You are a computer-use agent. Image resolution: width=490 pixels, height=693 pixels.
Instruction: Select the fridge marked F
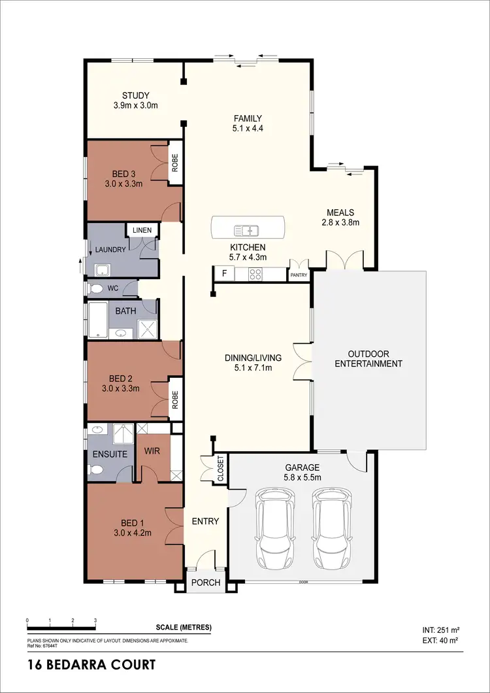(x=224, y=273)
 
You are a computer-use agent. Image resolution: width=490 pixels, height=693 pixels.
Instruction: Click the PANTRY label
(x=299, y=276)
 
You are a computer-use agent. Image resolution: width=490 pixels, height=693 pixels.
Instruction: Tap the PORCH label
(x=206, y=583)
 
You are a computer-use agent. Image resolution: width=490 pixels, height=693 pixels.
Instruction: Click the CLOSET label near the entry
(x=220, y=469)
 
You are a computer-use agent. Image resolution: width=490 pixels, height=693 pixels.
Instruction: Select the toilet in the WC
(x=95, y=288)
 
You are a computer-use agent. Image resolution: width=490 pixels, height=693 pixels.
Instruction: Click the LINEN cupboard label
(x=142, y=230)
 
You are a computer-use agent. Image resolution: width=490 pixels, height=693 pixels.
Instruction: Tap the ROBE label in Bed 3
(x=174, y=162)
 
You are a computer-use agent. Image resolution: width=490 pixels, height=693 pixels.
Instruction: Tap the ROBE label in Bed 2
(x=174, y=398)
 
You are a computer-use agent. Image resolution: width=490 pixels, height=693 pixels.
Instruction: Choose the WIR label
(x=152, y=451)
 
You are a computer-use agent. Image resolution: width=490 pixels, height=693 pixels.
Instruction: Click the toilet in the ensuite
(x=96, y=469)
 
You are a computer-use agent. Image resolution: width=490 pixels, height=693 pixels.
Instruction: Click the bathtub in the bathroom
(x=98, y=320)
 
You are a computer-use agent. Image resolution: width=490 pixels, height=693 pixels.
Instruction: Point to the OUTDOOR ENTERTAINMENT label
(x=368, y=359)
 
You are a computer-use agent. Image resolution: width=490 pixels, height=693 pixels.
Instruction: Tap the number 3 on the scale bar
(x=95, y=620)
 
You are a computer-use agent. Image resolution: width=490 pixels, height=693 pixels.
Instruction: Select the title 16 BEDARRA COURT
(x=91, y=666)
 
